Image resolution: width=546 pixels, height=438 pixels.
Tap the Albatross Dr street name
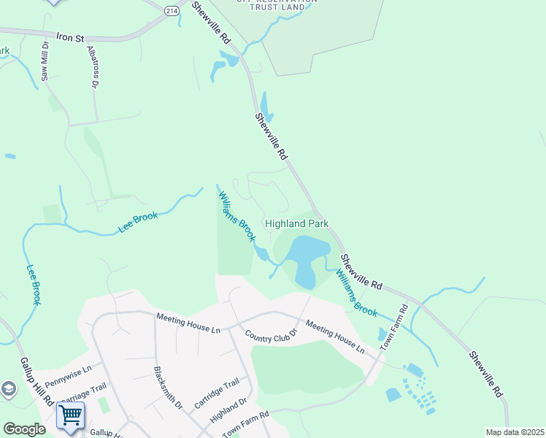(x=92, y=66)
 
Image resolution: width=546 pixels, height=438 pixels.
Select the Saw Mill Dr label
(x=45, y=60)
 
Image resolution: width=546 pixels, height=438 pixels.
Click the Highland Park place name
(x=296, y=223)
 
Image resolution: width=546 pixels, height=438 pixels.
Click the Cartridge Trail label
(x=217, y=393)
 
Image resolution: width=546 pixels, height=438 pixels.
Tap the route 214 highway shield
(x=172, y=10)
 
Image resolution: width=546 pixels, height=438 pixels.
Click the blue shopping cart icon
(x=71, y=415)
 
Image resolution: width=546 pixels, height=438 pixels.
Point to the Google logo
(x=24, y=429)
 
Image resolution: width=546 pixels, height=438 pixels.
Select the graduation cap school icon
(x=8, y=389)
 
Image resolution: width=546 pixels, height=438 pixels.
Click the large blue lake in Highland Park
(x=307, y=255)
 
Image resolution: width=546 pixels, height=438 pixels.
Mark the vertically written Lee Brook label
(x=33, y=284)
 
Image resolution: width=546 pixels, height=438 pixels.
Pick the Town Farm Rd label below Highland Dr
(x=246, y=425)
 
